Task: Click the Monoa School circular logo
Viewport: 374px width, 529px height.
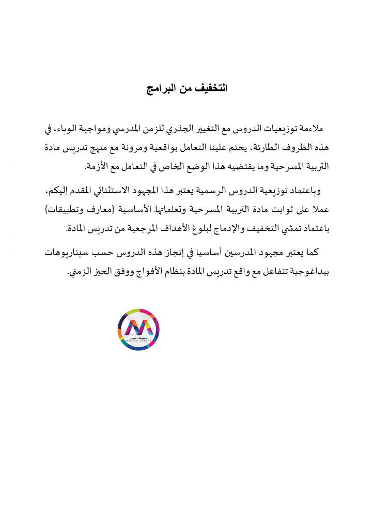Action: click(138, 329)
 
